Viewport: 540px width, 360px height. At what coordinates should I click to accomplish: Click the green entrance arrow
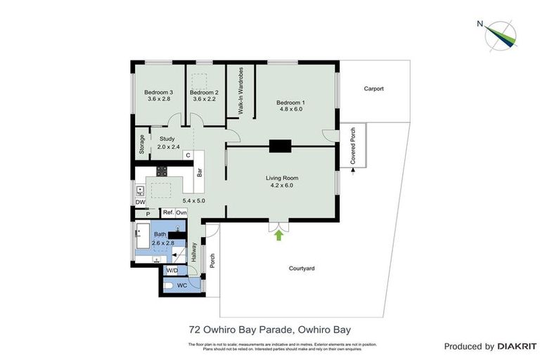(278, 236)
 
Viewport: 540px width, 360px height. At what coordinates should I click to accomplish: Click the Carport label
(373, 89)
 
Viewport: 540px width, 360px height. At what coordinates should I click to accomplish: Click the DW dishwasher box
(140, 202)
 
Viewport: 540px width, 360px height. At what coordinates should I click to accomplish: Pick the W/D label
(172, 270)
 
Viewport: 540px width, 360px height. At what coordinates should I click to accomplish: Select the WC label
(181, 285)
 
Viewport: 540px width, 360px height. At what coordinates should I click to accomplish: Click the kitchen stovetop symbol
(161, 171)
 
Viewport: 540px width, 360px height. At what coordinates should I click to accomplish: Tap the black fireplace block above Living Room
(280, 146)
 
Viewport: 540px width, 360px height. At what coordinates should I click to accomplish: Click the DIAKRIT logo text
(517, 346)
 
